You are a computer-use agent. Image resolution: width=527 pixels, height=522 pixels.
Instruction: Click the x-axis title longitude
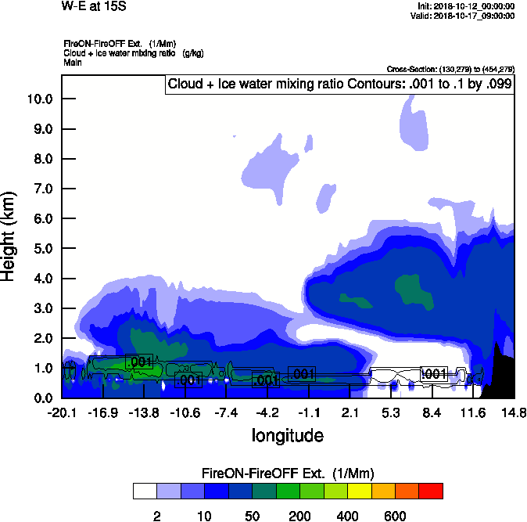point(287,434)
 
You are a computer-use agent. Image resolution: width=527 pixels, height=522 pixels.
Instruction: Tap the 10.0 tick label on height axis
point(38,99)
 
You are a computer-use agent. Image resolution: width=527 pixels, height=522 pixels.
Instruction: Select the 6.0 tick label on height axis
point(41,218)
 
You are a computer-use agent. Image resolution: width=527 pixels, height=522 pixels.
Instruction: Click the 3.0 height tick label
point(41,308)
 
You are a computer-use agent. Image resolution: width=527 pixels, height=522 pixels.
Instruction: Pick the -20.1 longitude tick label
point(62,412)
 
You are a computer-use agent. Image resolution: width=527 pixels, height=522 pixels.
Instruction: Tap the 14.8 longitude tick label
point(513,412)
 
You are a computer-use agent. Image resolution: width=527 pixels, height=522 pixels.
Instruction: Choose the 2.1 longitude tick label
point(350,412)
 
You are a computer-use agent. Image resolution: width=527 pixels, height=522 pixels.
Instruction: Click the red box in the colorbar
point(431,491)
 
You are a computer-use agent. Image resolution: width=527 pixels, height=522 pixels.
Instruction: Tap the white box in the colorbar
point(145,491)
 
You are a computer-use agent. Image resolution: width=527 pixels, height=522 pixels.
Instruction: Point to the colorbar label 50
point(252,516)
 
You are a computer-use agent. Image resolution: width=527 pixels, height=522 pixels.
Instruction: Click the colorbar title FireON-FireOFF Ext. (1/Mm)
point(288,473)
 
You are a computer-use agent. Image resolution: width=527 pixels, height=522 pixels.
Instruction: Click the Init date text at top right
point(467,6)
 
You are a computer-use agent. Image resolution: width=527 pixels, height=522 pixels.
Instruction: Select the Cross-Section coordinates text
point(450,70)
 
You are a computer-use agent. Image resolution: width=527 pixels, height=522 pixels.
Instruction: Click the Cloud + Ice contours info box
point(339,85)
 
